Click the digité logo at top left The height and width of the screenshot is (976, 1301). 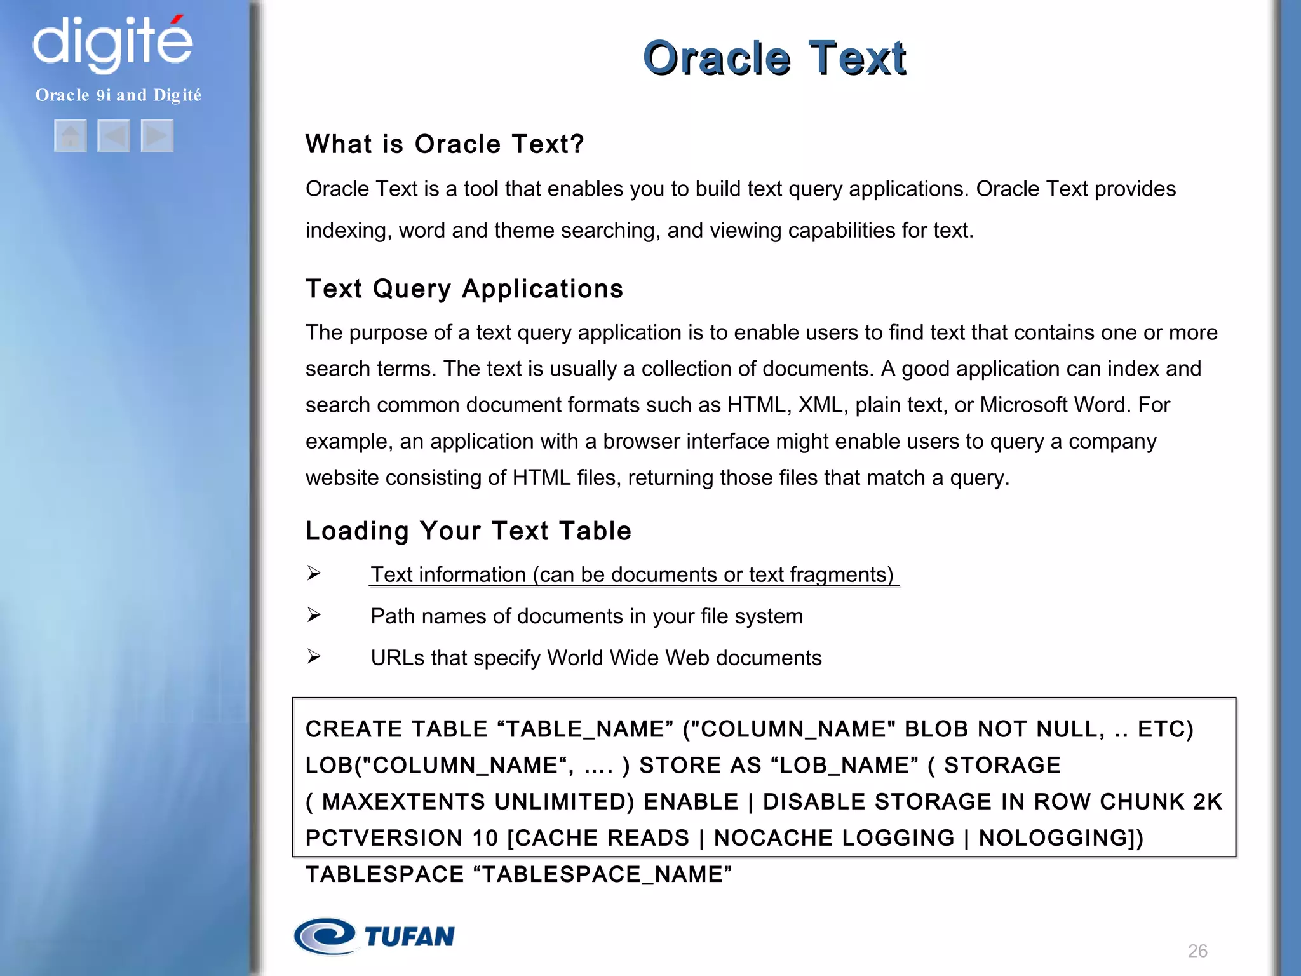coord(112,43)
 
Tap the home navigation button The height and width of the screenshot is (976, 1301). coord(71,136)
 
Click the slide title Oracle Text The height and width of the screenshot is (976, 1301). coord(774,58)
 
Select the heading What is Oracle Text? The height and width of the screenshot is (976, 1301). coord(444,144)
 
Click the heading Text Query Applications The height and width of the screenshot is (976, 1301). coord(464,289)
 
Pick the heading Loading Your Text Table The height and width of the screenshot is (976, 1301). coord(468,531)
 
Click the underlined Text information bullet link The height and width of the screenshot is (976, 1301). coord(632,574)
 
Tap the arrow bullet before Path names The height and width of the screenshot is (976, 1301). coord(314,615)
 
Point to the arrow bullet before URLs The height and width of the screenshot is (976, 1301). coord(314,656)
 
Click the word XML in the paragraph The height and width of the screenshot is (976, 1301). coord(822,405)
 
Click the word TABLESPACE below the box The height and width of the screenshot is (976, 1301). coord(384,875)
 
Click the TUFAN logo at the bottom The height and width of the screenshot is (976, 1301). coord(375,937)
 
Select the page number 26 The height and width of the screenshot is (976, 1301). coord(1197,951)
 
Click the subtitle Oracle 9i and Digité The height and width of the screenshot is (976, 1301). coord(118,95)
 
